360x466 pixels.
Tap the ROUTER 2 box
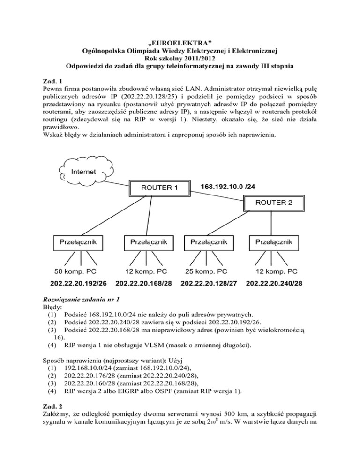point(273,203)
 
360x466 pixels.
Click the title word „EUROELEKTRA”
point(180,44)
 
